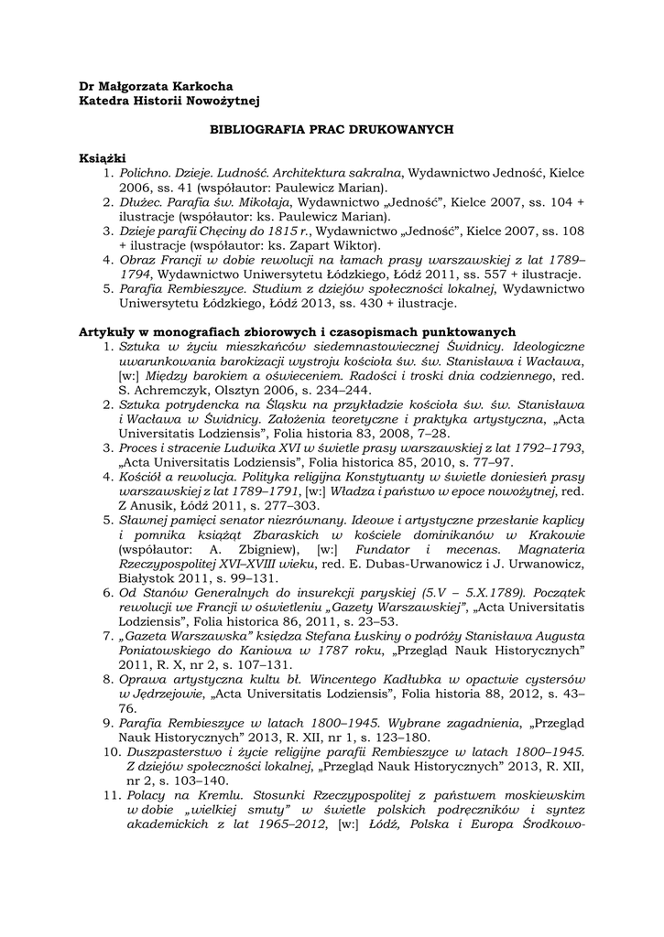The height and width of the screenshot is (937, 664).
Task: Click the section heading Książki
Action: coord(101,158)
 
